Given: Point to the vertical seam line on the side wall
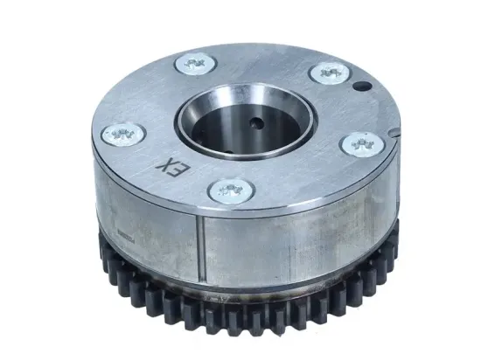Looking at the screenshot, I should coord(202,253).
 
